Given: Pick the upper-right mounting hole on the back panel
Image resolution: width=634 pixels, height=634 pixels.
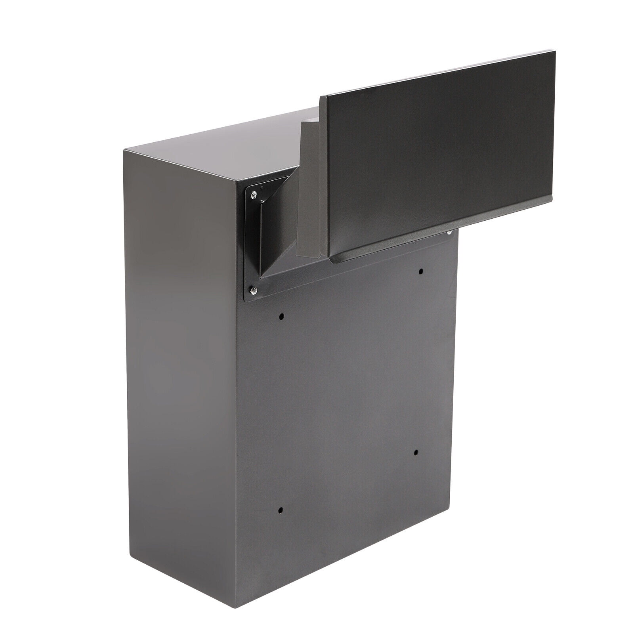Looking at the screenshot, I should click(x=421, y=271).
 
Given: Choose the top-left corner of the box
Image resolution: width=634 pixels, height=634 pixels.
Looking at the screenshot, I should click(x=124, y=150).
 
